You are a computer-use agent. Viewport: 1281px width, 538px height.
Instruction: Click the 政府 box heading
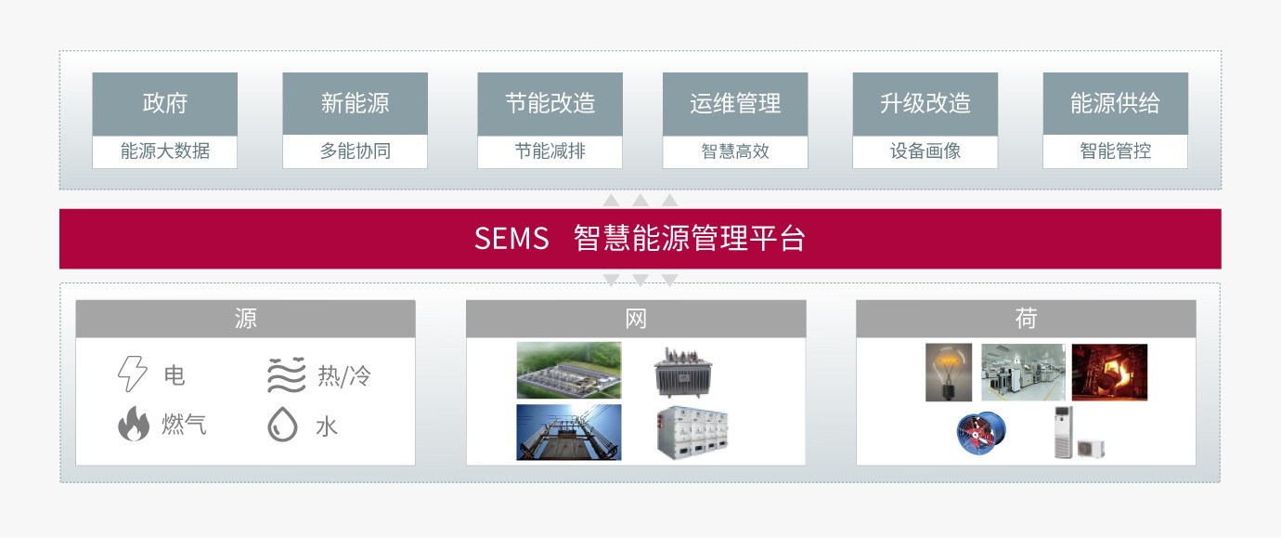pos(164,103)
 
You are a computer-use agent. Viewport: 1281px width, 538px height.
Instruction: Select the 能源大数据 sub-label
pos(164,151)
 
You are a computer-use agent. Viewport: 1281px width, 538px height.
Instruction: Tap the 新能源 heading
pos(355,103)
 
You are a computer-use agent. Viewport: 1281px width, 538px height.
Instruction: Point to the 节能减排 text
pos(550,151)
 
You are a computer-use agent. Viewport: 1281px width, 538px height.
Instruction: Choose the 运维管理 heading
pos(735,103)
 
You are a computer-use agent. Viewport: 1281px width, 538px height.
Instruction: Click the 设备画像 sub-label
pos(925,151)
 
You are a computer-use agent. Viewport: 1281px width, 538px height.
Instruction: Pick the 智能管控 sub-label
pos(1115,151)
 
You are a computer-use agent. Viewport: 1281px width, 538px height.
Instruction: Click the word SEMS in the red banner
pos(511,238)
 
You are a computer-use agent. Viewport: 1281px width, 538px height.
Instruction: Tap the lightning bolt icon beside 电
pos(132,374)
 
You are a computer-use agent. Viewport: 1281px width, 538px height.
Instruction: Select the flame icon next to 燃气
pos(134,424)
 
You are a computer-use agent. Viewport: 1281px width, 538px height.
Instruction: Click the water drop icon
pos(282,424)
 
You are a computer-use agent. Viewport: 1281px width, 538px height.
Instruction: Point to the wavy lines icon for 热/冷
pos(287,374)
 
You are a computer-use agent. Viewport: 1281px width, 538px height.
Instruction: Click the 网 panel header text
pos(635,319)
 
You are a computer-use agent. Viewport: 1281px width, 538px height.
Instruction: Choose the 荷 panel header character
pos(1026,318)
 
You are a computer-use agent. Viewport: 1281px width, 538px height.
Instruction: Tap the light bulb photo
pos(948,372)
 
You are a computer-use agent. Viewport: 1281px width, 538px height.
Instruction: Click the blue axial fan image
pos(981,433)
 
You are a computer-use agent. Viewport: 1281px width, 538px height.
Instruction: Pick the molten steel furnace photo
pos(1109,372)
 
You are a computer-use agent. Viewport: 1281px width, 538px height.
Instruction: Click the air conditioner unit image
pos(1079,433)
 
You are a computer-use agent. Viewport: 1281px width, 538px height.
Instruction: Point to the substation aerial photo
pos(568,371)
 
